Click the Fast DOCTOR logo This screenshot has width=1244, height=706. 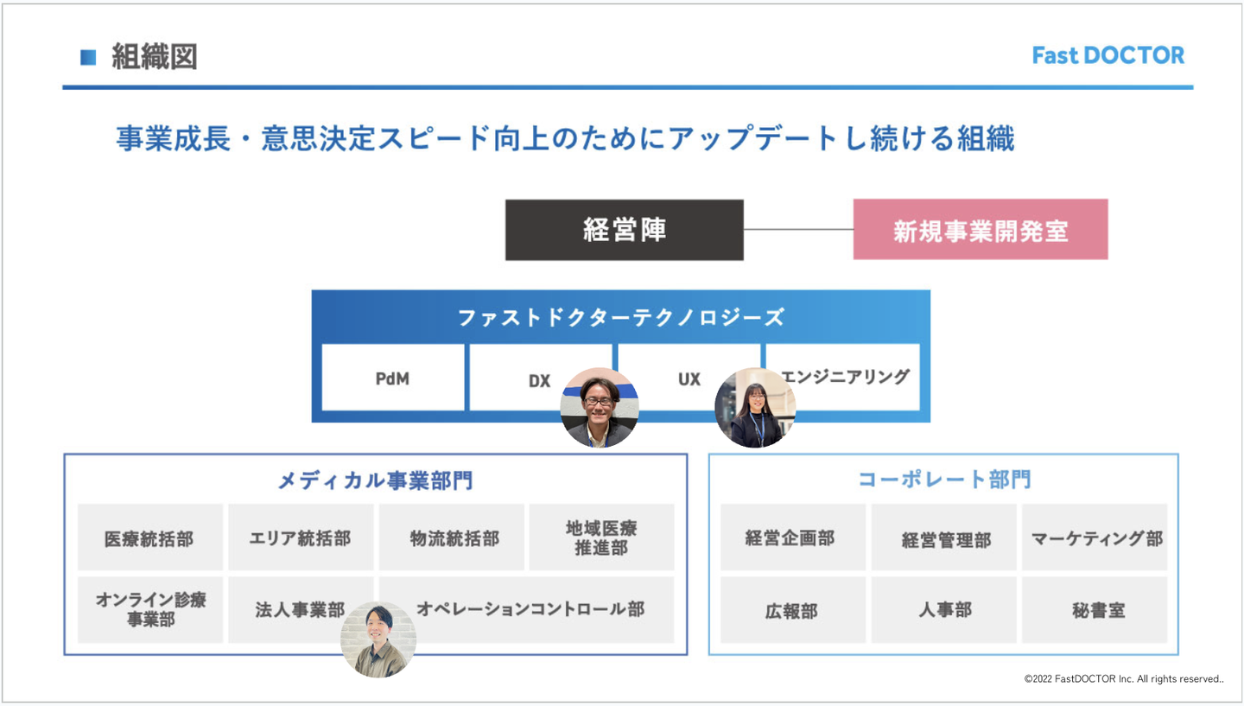tap(1108, 55)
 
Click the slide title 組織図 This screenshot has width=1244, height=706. tap(155, 57)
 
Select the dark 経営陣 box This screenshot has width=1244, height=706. tap(624, 230)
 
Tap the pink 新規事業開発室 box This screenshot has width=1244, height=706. tap(980, 230)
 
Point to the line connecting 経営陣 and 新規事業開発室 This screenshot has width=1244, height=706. tap(798, 230)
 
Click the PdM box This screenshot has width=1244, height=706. tap(392, 378)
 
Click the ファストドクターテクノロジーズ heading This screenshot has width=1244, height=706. tap(620, 317)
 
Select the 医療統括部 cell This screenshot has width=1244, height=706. tap(149, 537)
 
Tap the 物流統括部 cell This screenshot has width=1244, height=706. tap(452, 537)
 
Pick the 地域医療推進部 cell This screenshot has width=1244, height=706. tap(601, 537)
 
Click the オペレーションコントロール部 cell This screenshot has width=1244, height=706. tap(530, 609)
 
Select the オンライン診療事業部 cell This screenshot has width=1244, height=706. tap(149, 609)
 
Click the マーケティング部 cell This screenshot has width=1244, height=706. tap(1095, 538)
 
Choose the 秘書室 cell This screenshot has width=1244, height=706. tap(1095, 610)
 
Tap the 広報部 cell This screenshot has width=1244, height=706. tap(792, 610)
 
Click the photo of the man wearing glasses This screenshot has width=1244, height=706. tap(600, 409)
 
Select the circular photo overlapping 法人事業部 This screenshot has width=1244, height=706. tap(378, 639)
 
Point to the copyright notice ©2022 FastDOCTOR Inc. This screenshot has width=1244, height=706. tap(1123, 679)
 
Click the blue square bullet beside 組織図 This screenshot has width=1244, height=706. tap(88, 58)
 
